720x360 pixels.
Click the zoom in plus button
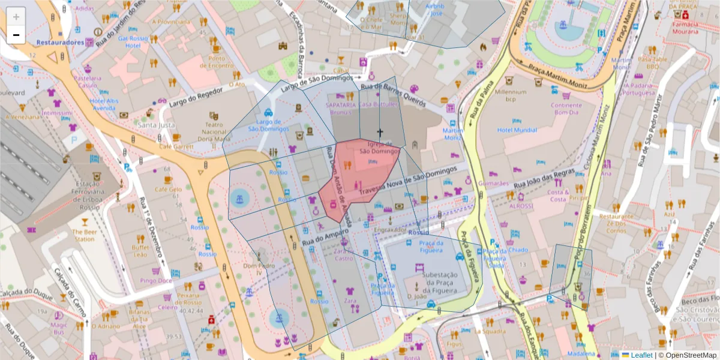pyautogui.click(x=16, y=17)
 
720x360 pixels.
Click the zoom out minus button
pyautogui.click(x=16, y=35)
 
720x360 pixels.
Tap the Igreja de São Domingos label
pyautogui.click(x=379, y=148)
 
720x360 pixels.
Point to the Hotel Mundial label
pyautogui.click(x=517, y=130)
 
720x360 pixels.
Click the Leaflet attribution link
pyautogui.click(x=641, y=355)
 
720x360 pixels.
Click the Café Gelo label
pyautogui.click(x=168, y=190)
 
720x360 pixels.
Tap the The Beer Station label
pyautogui.click(x=84, y=235)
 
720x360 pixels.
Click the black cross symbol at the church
pyautogui.click(x=379, y=132)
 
